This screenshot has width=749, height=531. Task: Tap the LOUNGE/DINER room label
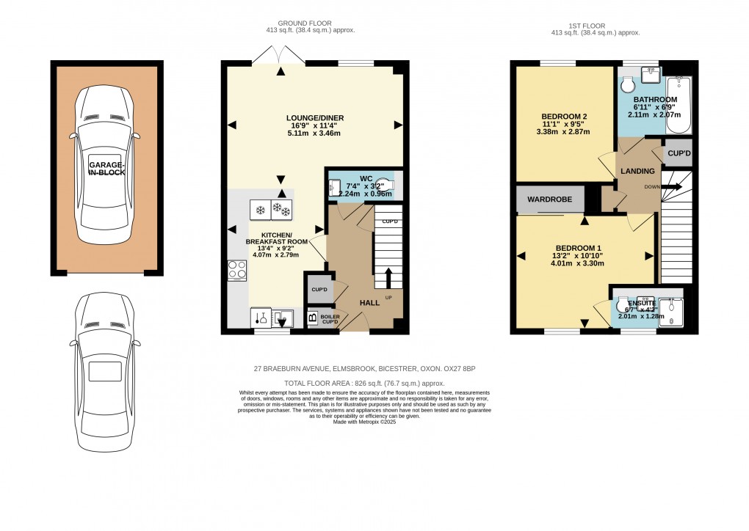(x=315, y=118)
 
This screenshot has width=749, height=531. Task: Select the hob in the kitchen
(x=237, y=270)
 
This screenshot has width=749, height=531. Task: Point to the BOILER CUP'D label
(x=330, y=319)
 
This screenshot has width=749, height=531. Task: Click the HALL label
(x=369, y=302)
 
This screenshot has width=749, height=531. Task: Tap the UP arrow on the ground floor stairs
(x=388, y=279)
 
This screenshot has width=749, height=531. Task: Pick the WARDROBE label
(x=550, y=199)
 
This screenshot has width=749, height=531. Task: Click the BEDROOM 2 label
(x=564, y=117)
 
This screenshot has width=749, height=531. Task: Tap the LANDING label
(x=637, y=171)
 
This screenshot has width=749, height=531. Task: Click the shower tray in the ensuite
(x=670, y=312)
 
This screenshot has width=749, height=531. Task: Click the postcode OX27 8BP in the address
(x=464, y=369)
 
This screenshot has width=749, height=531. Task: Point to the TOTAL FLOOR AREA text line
(x=364, y=384)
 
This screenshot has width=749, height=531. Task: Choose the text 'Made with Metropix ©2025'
(x=364, y=422)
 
